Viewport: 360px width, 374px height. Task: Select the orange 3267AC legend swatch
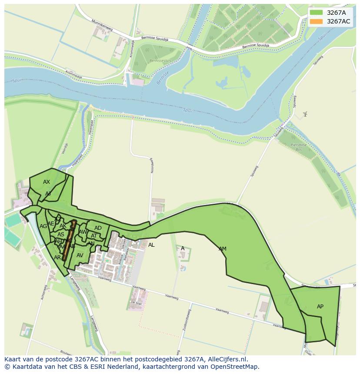(316, 21)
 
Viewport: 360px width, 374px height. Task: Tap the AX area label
(47, 182)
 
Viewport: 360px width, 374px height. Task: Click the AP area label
(320, 307)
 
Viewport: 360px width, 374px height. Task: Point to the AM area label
(223, 249)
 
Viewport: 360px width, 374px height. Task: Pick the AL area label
(151, 245)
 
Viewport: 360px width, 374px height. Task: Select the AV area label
(80, 255)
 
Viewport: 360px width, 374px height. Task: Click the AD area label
(98, 228)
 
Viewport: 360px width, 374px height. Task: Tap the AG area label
(43, 226)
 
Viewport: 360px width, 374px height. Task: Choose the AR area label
(57, 258)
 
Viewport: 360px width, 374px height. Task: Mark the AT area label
(94, 236)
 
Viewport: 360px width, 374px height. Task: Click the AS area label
(61, 235)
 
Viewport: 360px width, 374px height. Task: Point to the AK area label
(63, 226)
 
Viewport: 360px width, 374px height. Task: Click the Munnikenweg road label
(102, 25)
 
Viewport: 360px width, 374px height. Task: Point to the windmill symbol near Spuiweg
(305, 114)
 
